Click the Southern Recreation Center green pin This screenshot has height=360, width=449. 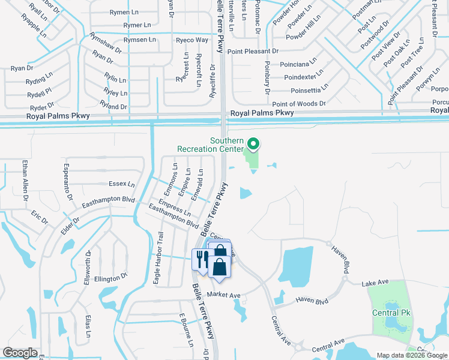pyautogui.click(x=253, y=144)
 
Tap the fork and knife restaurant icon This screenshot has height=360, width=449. pyautogui.click(x=201, y=259)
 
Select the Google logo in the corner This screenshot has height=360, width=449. pyautogui.click(x=20, y=353)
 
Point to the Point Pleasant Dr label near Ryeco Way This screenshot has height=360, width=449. pyautogui.click(x=253, y=52)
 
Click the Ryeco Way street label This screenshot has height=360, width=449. pyautogui.click(x=192, y=40)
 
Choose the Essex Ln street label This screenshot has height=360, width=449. pyautogui.click(x=122, y=184)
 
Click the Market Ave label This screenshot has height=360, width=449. pyautogui.click(x=223, y=295)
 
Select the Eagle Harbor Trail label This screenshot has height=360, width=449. pyautogui.click(x=157, y=258)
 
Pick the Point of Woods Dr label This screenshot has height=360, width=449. pyautogui.click(x=299, y=104)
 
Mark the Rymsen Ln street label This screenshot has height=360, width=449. pyautogui.click(x=139, y=39)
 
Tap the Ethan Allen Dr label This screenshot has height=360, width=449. pyautogui.click(x=25, y=180)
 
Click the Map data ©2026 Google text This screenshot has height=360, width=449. pyautogui.click(x=411, y=355)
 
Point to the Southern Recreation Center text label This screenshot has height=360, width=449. pyautogui.click(x=210, y=145)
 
